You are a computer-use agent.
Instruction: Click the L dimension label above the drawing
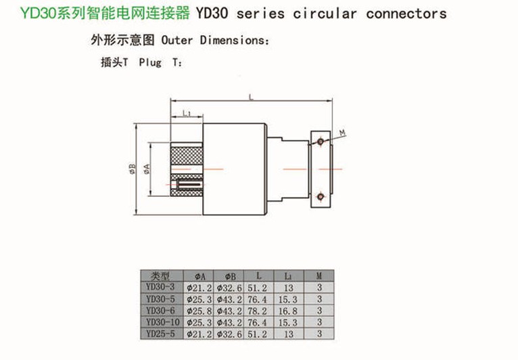pos(250,97)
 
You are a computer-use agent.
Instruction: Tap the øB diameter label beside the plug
pos(133,168)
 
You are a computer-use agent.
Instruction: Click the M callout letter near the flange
pos(343,131)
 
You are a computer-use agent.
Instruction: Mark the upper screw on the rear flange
pos(320,141)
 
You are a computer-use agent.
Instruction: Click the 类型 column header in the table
pos(163,276)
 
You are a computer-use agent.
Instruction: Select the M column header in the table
pos(319,276)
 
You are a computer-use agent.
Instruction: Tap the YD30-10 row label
pos(163,321)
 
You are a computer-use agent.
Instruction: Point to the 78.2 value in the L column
pos(259,310)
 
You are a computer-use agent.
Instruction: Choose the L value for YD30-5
pos(259,299)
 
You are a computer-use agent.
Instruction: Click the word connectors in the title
pos(406,14)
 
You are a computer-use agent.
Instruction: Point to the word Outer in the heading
pos(176,40)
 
